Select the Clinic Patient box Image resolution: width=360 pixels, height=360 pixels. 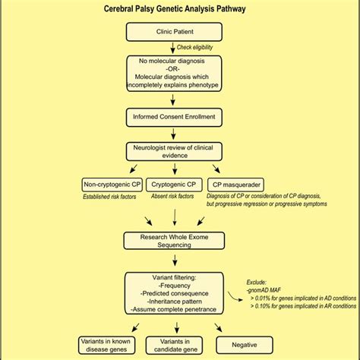point(174,31)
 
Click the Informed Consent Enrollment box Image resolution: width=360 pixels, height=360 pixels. point(174,116)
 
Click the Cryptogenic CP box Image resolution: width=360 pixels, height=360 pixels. point(173,184)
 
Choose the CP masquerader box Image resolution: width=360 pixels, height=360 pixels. point(237,184)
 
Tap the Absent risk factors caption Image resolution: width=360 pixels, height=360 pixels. point(173,197)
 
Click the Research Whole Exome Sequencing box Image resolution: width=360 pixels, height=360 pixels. point(174,241)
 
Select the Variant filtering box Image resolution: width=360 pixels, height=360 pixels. point(174,293)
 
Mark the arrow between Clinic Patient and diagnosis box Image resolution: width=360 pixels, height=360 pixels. point(174,47)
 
